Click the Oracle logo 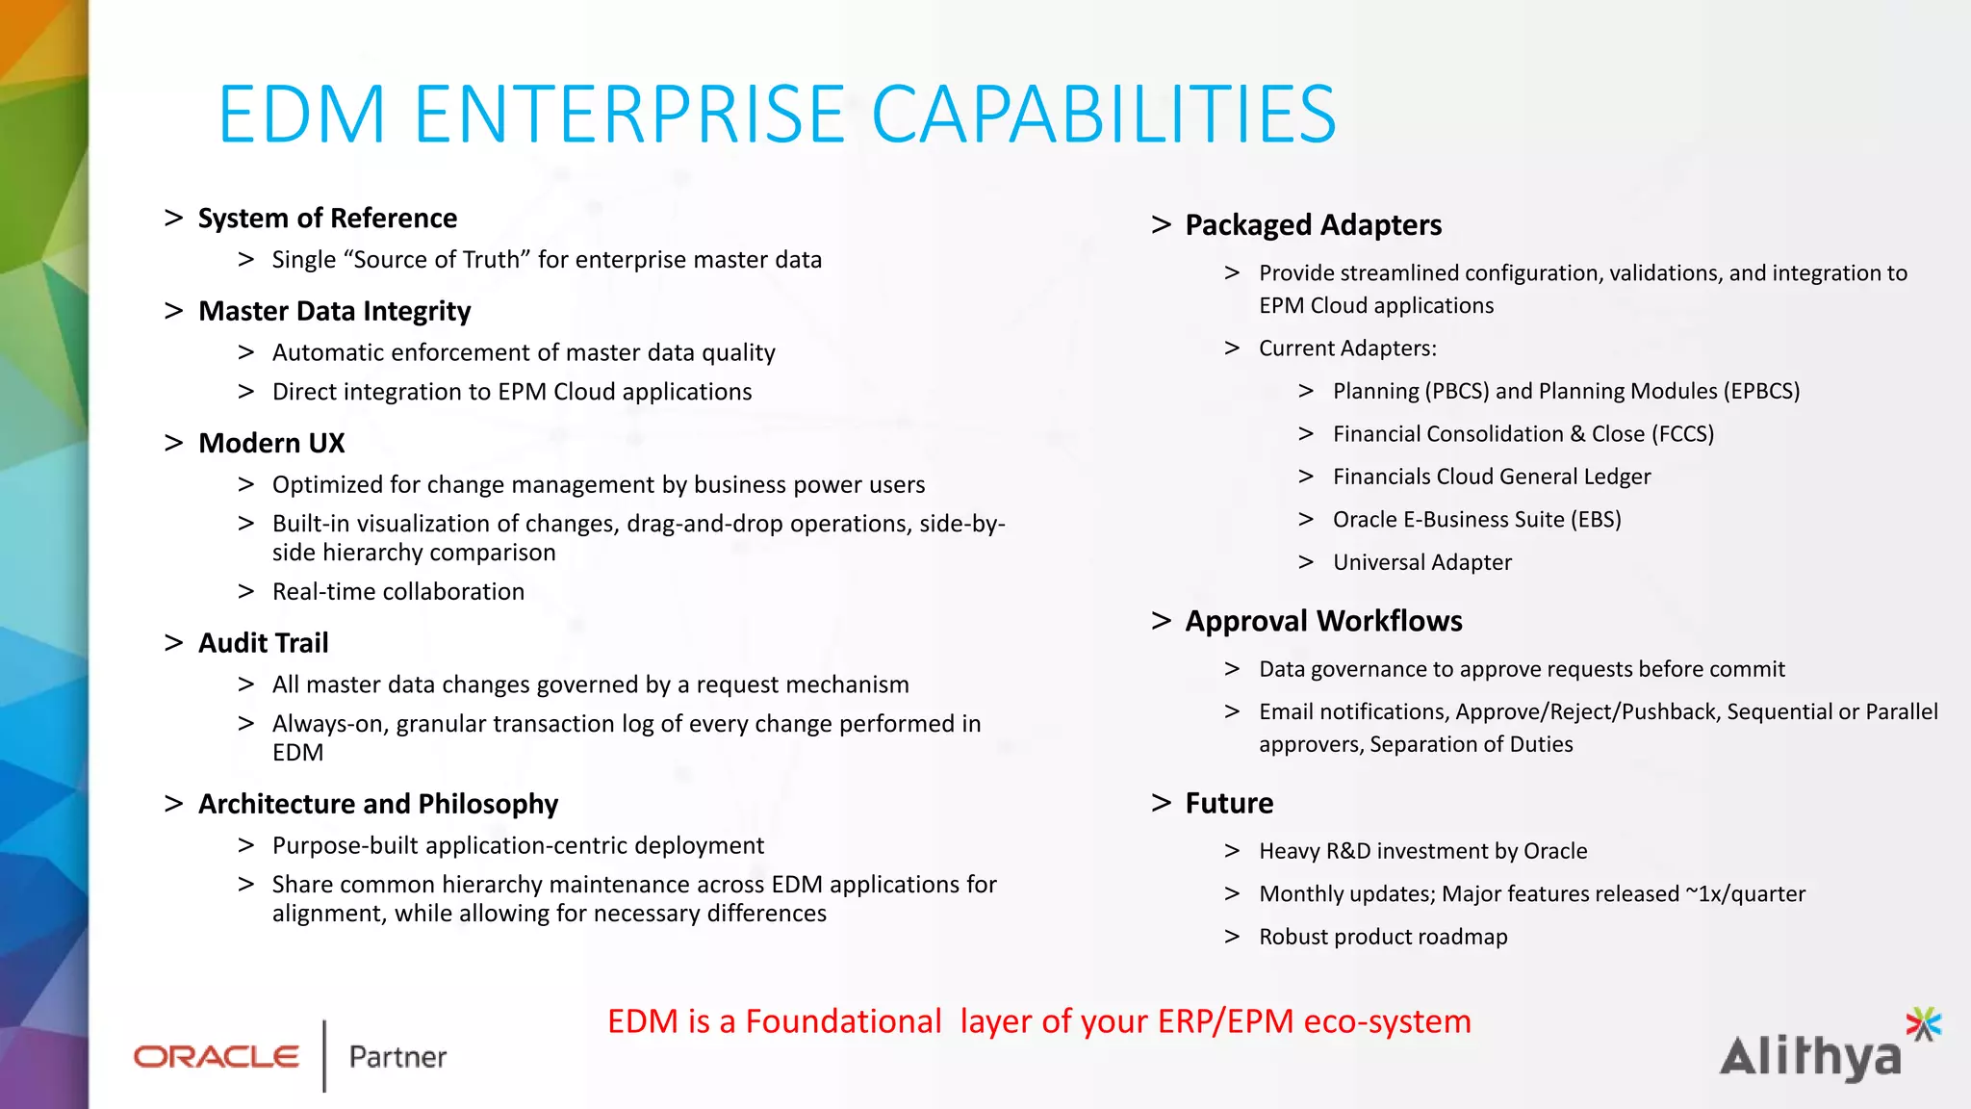tap(217, 1057)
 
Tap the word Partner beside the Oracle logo tap(397, 1057)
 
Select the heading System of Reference tap(327, 219)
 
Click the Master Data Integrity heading tap(334, 312)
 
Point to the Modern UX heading tap(271, 443)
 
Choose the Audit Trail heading tap(263, 643)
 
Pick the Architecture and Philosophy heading tap(377, 804)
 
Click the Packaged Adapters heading tap(1313, 225)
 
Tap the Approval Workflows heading tap(1323, 622)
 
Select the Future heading tap(1229, 804)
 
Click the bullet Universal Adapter tap(1421, 562)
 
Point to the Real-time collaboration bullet tap(397, 591)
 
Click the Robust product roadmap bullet tap(1383, 937)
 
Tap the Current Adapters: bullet tap(1347, 348)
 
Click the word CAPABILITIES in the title tap(1103, 115)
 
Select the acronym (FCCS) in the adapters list tap(1682, 434)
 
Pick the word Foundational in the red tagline tap(843, 1021)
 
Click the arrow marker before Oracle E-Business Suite tap(1306, 520)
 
